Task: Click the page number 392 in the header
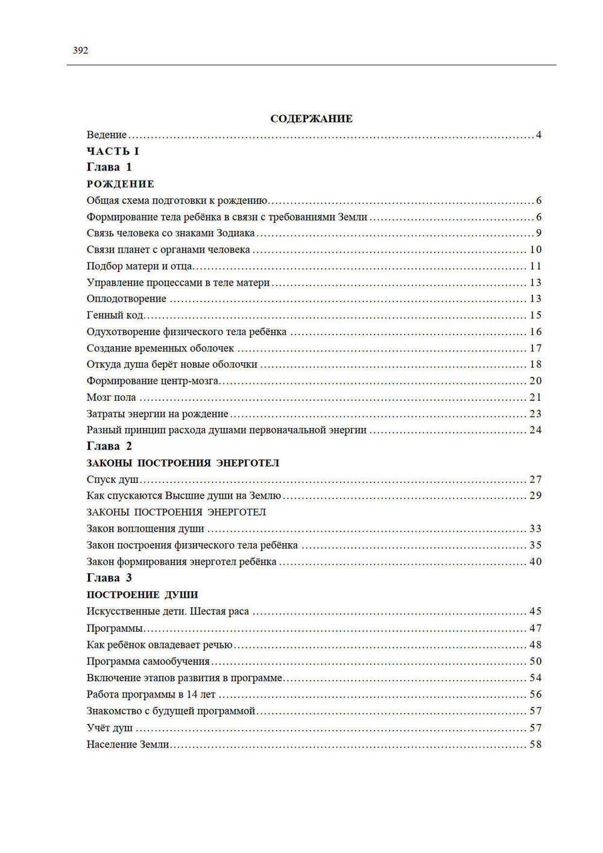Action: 80,51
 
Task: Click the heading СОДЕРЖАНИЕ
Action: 311,119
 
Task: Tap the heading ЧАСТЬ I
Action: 113,151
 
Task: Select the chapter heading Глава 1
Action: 109,167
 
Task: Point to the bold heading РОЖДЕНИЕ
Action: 121,184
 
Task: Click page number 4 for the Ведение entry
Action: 538,135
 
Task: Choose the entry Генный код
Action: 115,315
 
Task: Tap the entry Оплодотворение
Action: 126,298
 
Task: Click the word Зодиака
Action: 235,233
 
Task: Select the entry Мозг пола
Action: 111,397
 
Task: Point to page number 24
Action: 535,430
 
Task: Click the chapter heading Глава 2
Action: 109,446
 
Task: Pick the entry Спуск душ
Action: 113,479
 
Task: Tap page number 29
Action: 535,496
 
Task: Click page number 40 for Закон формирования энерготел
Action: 535,561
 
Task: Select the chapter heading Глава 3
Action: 109,578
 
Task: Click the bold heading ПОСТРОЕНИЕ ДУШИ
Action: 142,594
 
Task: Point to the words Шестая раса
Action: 219,611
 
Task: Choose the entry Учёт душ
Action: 109,728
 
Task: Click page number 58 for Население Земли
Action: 535,744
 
